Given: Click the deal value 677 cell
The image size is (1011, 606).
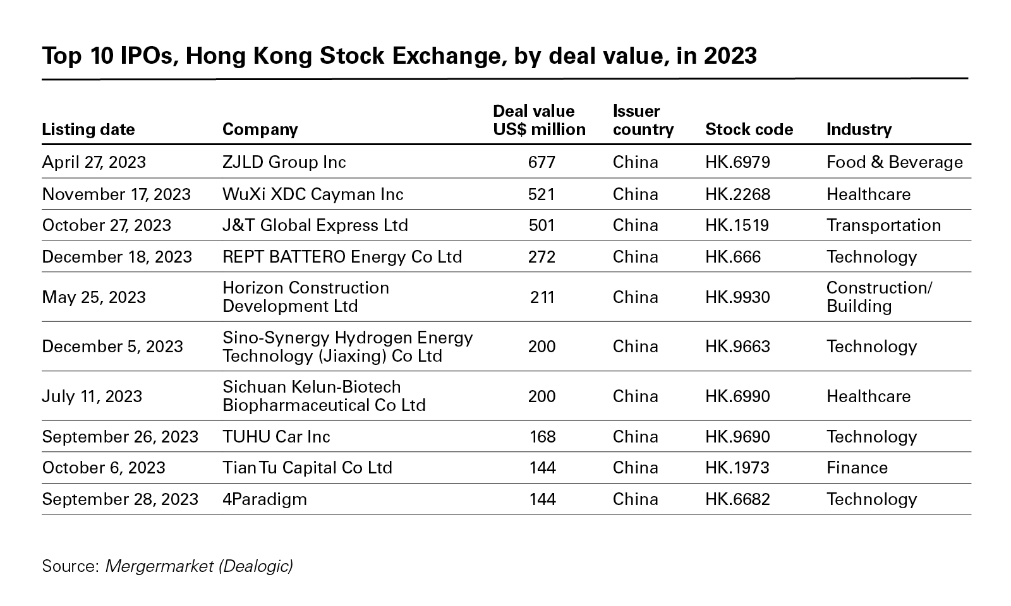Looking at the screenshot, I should click(542, 162).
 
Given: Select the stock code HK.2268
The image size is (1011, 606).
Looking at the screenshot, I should click(737, 194).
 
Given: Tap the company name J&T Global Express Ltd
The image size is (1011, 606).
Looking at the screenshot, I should click(315, 225).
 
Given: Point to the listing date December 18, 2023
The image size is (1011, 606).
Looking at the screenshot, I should click(117, 257).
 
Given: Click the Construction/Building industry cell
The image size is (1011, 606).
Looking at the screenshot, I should click(879, 297).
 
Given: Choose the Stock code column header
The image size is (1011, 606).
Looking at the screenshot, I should click(749, 129).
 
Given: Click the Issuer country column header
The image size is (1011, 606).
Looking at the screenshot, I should click(643, 121).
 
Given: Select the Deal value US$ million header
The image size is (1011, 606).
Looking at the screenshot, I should click(539, 121).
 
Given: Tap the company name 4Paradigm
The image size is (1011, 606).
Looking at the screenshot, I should click(264, 499).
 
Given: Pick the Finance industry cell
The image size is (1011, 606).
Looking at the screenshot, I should click(857, 468).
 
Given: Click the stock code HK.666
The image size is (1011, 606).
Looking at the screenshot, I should click(733, 257).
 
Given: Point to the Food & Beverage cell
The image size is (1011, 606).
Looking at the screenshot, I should click(894, 162).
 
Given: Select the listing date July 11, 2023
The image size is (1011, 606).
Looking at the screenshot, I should click(92, 396).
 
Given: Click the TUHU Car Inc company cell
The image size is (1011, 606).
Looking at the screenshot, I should click(276, 437).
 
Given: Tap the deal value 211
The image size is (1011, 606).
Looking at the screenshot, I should click(542, 297).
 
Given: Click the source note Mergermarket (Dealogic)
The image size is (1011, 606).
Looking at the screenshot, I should click(198, 566).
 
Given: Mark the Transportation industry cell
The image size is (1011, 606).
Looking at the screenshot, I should click(883, 225).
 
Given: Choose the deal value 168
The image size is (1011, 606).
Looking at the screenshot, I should click(542, 437).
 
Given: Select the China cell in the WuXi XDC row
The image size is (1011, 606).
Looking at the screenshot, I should click(635, 194).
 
